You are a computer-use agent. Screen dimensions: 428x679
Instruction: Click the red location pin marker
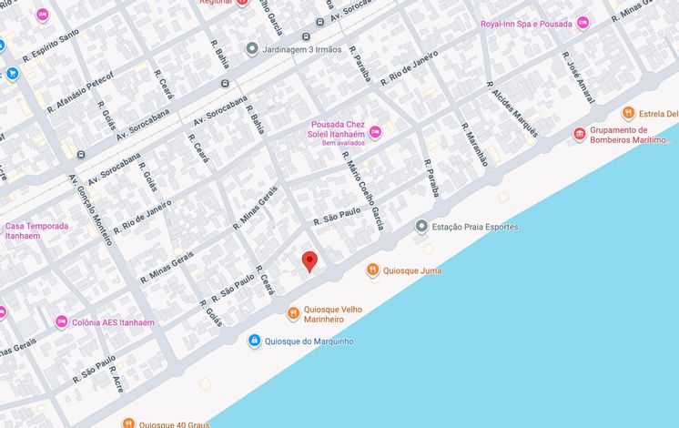[309, 261]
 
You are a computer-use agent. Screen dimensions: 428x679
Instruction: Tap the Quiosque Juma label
[412, 270]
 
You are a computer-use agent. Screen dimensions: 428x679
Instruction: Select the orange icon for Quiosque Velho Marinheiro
[293, 313]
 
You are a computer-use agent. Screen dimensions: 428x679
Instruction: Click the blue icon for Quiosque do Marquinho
[255, 341]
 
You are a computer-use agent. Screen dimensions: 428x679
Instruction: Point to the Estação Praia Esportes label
[474, 226]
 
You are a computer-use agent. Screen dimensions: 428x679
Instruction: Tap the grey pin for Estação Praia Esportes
[421, 226]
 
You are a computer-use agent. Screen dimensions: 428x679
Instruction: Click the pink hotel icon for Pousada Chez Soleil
[374, 134]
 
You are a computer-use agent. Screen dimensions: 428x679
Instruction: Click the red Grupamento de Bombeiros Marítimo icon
[579, 135]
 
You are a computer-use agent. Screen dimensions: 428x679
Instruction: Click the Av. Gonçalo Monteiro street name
[91, 209]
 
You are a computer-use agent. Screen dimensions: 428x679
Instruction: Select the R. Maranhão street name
[474, 145]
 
